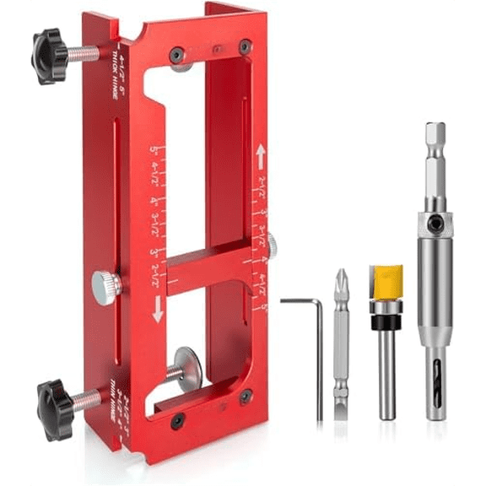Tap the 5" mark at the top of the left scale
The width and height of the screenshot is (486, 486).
click(155, 152)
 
